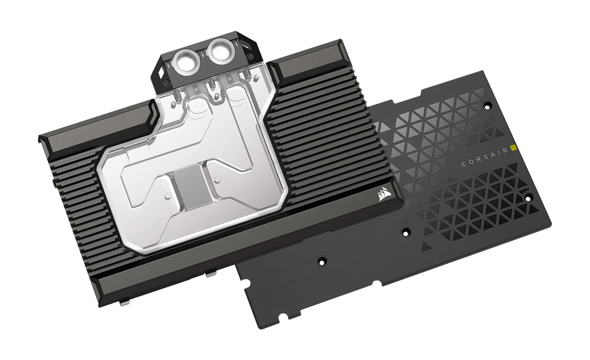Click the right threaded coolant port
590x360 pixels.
pos(221,50)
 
